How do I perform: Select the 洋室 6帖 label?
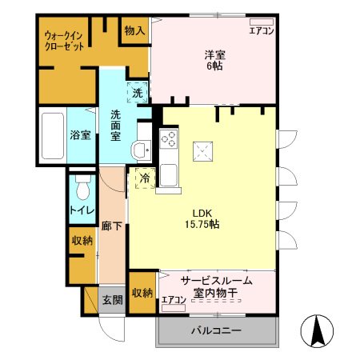(x=213, y=60)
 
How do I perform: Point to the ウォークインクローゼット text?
(x=66, y=41)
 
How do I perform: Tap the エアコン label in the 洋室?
(x=261, y=31)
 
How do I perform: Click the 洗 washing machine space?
(x=137, y=93)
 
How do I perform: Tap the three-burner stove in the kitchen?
(x=169, y=138)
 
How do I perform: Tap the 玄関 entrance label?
(x=111, y=300)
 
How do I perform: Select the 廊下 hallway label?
(x=111, y=226)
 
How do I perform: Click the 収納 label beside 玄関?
(x=142, y=293)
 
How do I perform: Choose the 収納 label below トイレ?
(x=82, y=241)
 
